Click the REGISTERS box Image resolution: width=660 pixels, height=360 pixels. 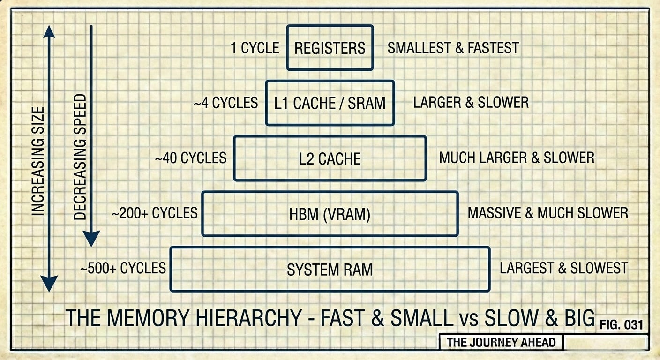[x=330, y=48]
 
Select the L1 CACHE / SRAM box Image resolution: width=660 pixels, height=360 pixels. [x=330, y=103]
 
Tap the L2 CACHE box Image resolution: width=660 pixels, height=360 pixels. [x=330, y=158]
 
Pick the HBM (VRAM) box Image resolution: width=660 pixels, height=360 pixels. [x=330, y=214]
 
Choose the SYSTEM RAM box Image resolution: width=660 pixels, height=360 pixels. [x=330, y=269]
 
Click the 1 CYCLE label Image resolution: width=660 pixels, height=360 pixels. [x=255, y=48]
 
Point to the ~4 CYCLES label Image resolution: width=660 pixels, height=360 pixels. [x=225, y=103]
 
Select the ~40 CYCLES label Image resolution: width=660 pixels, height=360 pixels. [x=191, y=158]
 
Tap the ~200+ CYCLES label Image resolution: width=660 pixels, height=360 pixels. [x=154, y=214]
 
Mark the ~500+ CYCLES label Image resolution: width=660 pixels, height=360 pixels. [x=123, y=269]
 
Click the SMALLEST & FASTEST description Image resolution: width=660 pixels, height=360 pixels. [x=453, y=48]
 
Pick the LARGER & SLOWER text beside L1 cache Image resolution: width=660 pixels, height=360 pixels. [x=471, y=103]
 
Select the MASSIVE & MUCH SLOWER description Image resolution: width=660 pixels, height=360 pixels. [x=547, y=213]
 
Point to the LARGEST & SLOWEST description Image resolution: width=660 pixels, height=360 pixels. [x=563, y=269]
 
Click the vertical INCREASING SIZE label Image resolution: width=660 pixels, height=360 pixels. [x=38, y=161]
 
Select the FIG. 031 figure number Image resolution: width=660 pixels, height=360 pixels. [x=621, y=324]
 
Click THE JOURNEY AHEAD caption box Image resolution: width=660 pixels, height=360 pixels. [x=501, y=342]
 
